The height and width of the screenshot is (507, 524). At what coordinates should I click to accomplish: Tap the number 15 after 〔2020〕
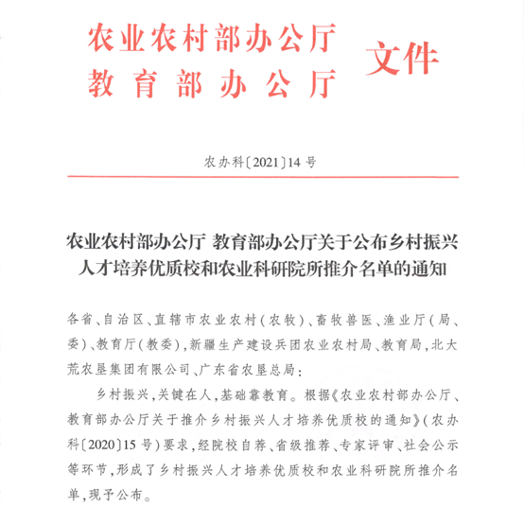(x=134, y=445)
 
